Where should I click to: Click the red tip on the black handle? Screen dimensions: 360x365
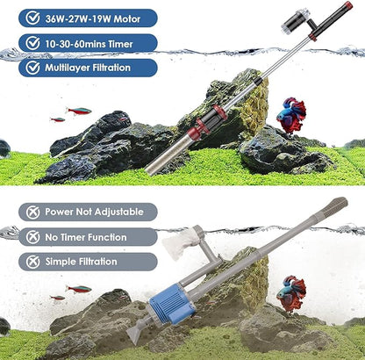coord(348,7)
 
